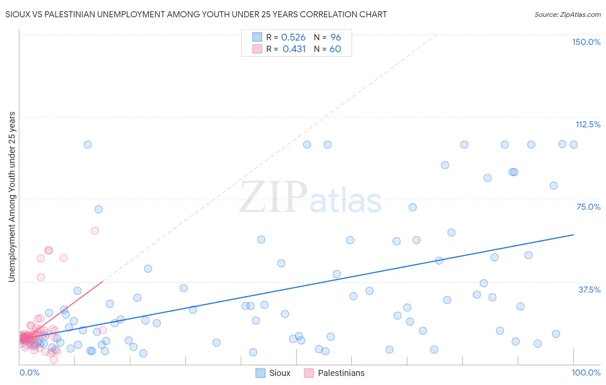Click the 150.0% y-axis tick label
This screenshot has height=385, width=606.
click(x=586, y=42)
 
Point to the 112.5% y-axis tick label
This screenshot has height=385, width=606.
click(x=588, y=124)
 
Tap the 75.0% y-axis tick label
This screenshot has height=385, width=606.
click(x=588, y=207)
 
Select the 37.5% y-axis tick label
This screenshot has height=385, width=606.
click(x=589, y=290)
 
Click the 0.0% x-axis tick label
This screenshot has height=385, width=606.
click(x=29, y=372)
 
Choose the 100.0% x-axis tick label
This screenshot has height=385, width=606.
click(x=586, y=372)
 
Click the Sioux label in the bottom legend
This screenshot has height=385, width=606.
click(x=280, y=373)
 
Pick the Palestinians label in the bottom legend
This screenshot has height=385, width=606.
click(x=341, y=373)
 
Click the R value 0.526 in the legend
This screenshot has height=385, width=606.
click(x=293, y=38)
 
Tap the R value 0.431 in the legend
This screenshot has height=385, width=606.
click(x=294, y=49)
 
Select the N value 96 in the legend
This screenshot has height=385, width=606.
click(x=335, y=38)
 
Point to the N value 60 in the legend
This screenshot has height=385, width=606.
click(x=335, y=49)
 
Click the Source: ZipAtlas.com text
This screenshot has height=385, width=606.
click(x=567, y=14)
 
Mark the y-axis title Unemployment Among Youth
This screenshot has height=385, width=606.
click(x=12, y=197)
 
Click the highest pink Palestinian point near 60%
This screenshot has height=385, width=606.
click(x=95, y=231)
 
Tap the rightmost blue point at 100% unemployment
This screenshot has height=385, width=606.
click(x=574, y=145)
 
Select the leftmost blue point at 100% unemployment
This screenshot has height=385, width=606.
click(x=88, y=145)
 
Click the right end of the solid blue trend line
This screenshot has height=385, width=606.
click(x=573, y=235)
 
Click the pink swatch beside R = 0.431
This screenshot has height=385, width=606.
click(x=257, y=49)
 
